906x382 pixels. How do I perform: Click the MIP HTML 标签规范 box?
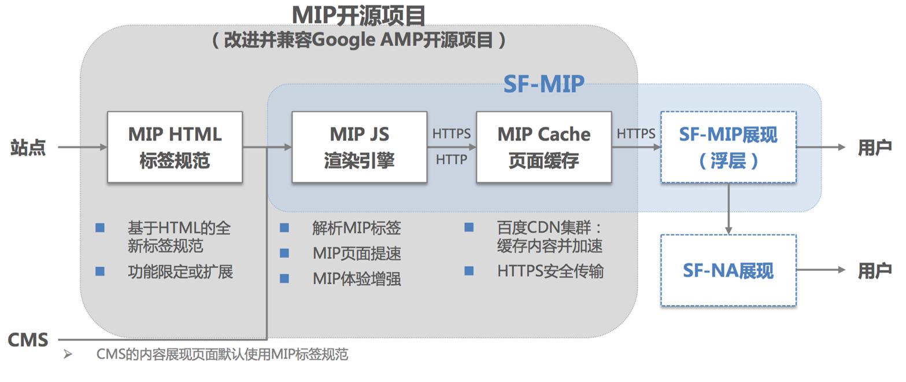pos(175,147)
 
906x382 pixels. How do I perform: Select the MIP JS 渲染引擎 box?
pos(359,147)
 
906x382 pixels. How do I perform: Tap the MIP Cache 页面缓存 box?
pos(543,147)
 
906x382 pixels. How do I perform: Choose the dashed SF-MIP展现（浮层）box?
pos(728,147)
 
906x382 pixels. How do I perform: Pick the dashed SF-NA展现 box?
pos(728,270)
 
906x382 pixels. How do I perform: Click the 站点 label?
pos(28,148)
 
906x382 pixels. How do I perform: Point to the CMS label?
pos(28,340)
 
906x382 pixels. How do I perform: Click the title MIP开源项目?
pos(358,15)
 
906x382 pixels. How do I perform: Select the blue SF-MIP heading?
pos(543,85)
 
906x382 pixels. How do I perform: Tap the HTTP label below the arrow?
pos(451,160)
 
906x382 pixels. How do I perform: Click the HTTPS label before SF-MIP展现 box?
pos(635,134)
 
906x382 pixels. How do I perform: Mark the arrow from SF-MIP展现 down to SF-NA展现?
pos(728,208)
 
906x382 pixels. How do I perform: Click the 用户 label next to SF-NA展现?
pos(874,270)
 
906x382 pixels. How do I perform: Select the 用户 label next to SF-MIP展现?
pos(874,148)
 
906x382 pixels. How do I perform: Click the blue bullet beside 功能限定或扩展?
pos(100,271)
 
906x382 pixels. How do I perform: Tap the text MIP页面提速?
pos(357,254)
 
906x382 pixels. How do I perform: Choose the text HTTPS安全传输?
pos(550,271)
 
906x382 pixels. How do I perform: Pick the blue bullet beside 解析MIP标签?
pos(284,228)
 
